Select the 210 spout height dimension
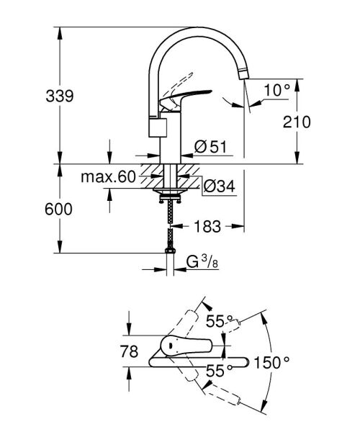[296, 122]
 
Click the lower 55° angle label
[220, 369]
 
